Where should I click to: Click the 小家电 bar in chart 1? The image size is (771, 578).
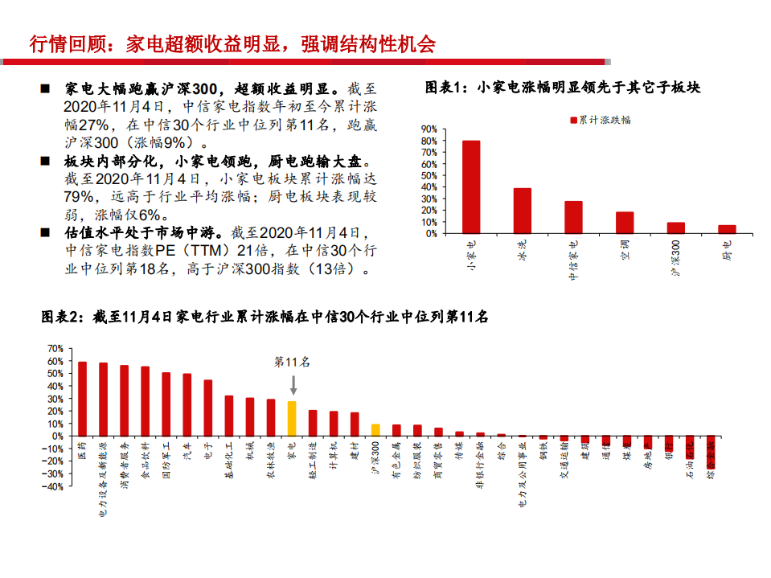click(471, 187)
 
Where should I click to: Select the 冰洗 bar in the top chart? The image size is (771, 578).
click(523, 211)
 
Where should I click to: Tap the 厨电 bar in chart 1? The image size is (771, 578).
click(727, 229)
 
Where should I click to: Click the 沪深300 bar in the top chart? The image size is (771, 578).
click(676, 228)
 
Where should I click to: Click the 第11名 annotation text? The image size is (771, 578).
click(293, 362)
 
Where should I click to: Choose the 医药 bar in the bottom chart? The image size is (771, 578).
click(82, 398)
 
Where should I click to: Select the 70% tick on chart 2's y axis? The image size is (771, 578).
click(55, 348)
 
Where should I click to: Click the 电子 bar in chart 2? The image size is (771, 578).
click(208, 408)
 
